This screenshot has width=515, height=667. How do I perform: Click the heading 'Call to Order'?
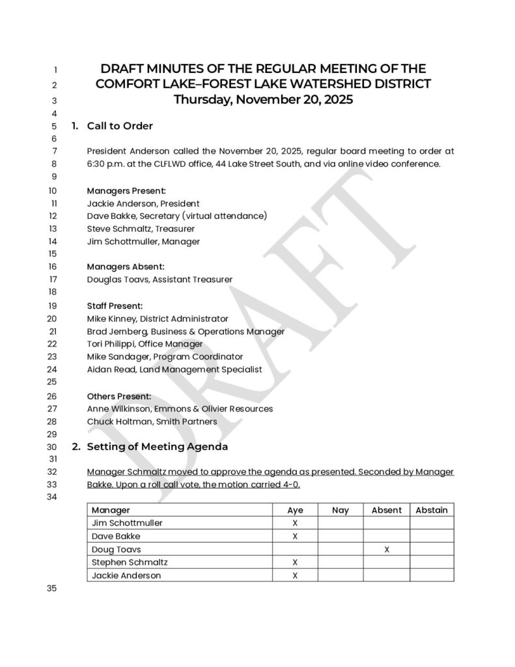pos(120,126)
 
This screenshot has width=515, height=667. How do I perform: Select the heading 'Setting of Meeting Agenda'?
pos(157,447)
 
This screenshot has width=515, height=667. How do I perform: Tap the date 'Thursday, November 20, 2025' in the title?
pos(263,100)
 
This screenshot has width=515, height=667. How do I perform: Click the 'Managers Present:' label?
pos(126,191)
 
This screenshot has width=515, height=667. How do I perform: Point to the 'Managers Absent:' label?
pos(126,266)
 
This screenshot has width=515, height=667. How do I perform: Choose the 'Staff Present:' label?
pos(115,305)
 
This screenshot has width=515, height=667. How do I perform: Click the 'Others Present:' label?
pos(119,396)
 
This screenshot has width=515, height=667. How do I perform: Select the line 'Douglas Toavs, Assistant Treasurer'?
pos(160,279)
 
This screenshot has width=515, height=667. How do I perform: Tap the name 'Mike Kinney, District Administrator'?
pos(158,319)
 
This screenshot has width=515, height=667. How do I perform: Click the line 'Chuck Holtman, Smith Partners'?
pos(152,421)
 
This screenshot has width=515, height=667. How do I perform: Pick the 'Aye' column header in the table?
pos(295,510)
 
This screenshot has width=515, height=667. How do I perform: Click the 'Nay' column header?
pos(341,510)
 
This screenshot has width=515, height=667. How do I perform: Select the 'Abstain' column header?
pos(432,510)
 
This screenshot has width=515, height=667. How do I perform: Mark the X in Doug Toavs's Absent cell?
pos(387,549)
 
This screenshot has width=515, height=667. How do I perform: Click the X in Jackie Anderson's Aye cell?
pos(295,575)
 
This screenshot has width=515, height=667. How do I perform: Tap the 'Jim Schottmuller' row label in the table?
pos(127,523)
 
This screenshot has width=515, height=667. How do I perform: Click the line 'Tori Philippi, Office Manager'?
pos(145,344)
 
